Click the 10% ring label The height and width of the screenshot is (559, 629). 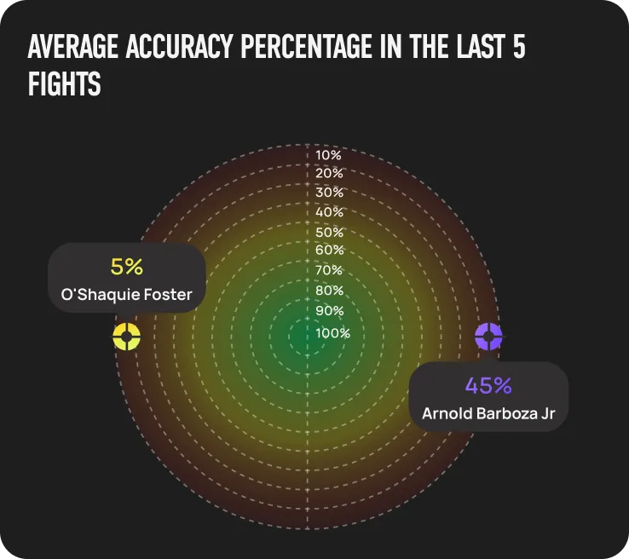click(328, 155)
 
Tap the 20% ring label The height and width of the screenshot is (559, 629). click(329, 173)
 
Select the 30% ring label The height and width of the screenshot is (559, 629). click(329, 193)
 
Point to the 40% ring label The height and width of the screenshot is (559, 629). click(329, 212)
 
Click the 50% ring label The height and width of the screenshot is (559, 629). click(329, 232)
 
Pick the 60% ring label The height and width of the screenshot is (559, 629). click(329, 250)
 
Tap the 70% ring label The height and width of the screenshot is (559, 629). click(329, 270)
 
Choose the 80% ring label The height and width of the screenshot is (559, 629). click(329, 291)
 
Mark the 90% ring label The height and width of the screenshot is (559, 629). click(329, 311)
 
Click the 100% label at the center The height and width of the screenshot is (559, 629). click(332, 333)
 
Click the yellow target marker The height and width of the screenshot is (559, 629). click(126, 336)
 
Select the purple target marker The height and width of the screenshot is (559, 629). click(488, 336)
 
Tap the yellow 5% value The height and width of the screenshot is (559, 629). click(126, 267)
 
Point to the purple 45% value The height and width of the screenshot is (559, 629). click(488, 385)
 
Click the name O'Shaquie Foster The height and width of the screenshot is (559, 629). click(126, 296)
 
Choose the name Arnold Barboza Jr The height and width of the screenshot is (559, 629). click(488, 414)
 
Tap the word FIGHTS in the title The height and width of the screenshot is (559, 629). click(64, 84)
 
